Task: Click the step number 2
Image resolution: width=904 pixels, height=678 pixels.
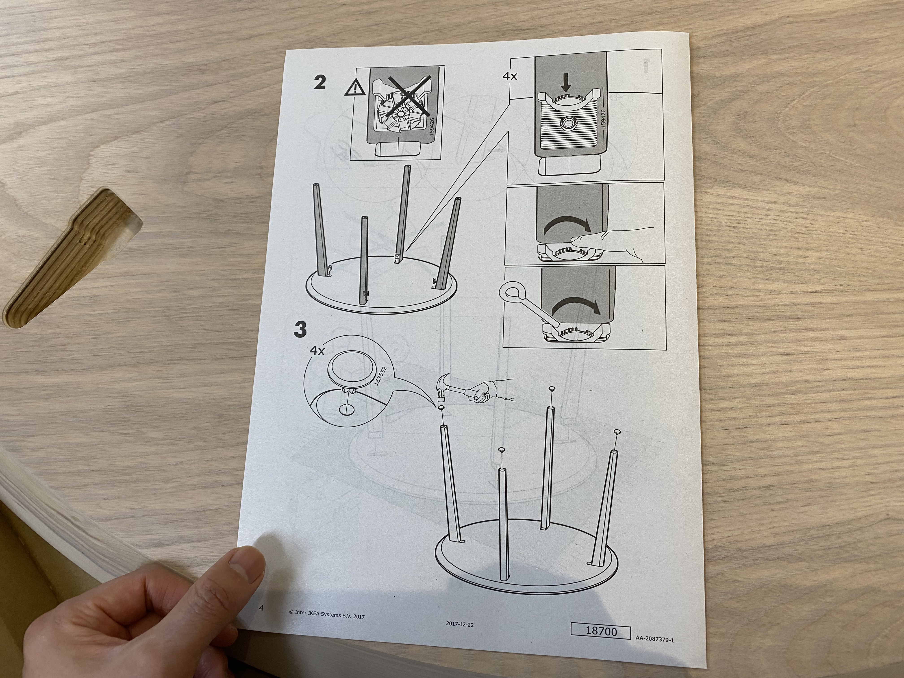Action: click(319, 83)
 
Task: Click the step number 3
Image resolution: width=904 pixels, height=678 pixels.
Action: click(301, 329)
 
